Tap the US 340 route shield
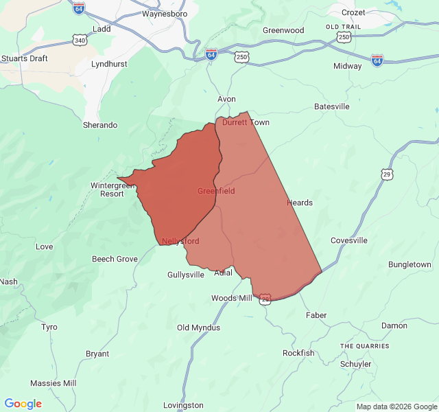[x=80, y=41]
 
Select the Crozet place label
[x=353, y=13]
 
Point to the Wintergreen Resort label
[x=108, y=190]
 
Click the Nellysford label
[x=180, y=242]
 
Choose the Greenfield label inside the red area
[x=216, y=191]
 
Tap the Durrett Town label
[x=246, y=123]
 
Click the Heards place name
[x=300, y=203]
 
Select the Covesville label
[x=349, y=241]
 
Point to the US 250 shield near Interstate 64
[x=241, y=58]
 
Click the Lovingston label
[x=184, y=406]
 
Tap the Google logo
[x=23, y=404]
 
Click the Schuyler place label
[x=355, y=365]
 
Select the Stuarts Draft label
[x=25, y=59]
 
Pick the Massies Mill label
[x=54, y=383]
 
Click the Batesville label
[x=332, y=107]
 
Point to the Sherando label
[x=100, y=126]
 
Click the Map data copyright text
[x=396, y=407]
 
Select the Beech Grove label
[x=115, y=260]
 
